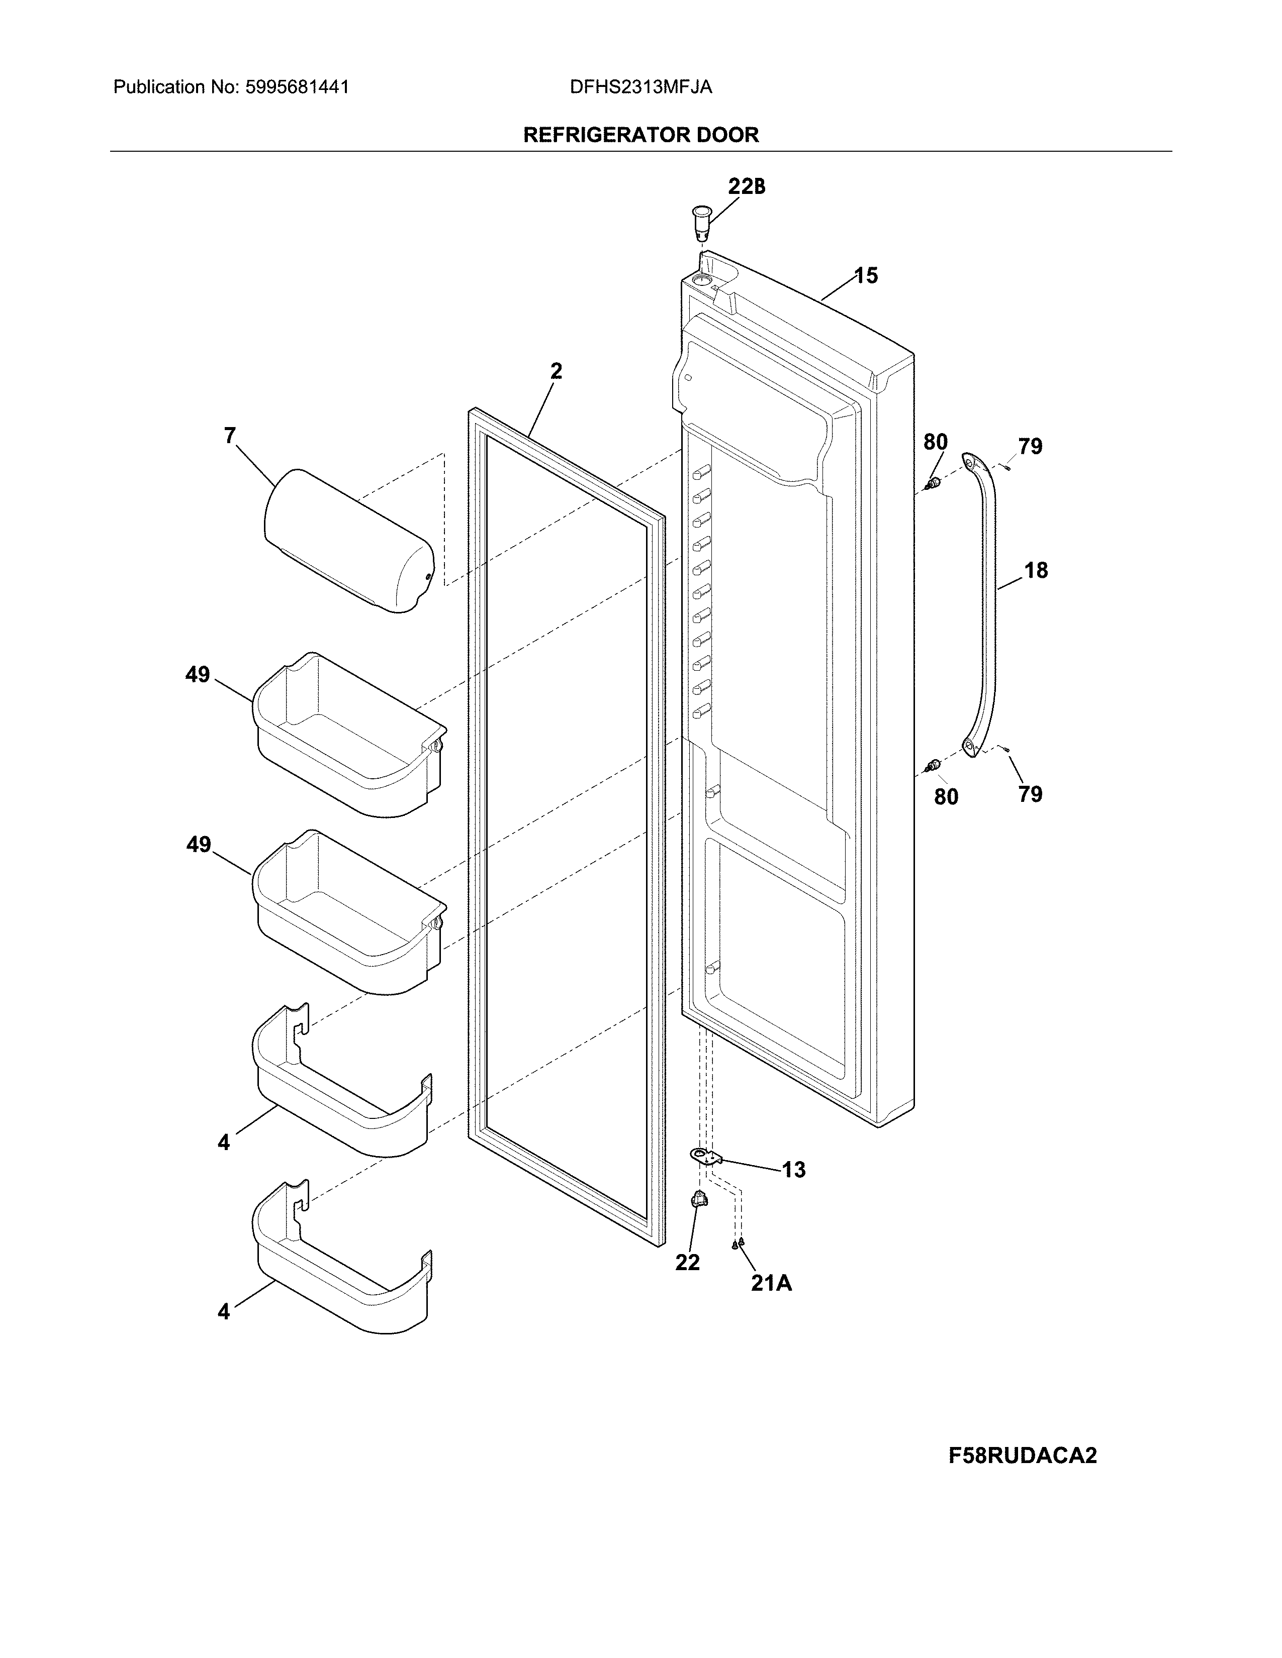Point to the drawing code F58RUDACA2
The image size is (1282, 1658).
click(x=1022, y=1456)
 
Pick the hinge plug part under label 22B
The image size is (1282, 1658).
click(x=700, y=221)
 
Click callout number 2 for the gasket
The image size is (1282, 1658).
click(x=556, y=371)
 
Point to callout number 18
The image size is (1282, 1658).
click(x=1036, y=570)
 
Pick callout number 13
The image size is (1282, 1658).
click(x=794, y=1170)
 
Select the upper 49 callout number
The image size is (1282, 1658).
click(x=198, y=674)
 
